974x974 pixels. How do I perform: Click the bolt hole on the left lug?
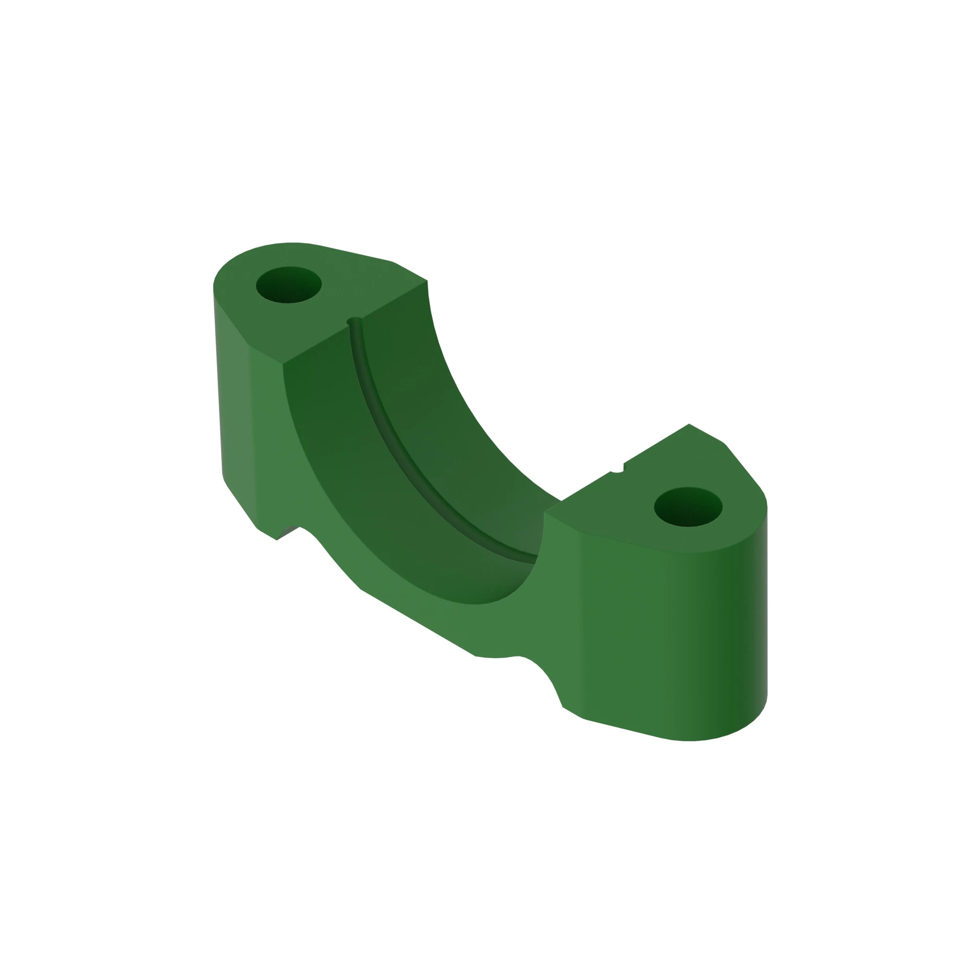tap(288, 285)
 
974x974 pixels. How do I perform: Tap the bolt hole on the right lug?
tap(688, 506)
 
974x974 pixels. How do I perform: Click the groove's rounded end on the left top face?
tap(355, 320)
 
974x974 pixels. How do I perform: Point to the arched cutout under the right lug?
tap(534, 675)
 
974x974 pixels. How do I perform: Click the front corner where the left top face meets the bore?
tap(283, 363)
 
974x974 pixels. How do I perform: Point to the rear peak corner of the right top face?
tap(689, 425)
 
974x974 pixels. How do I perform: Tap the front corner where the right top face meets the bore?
tap(545, 513)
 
